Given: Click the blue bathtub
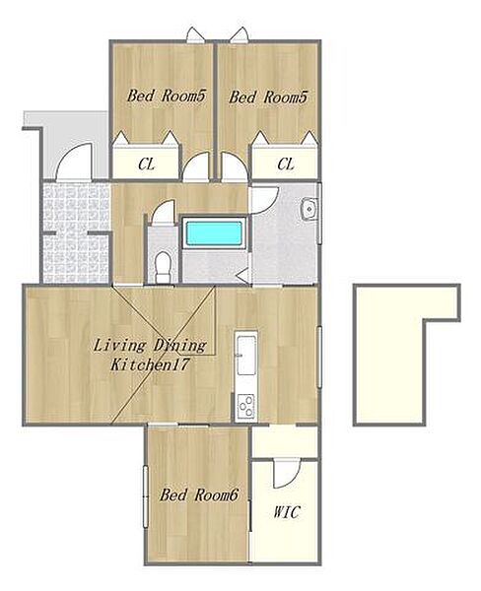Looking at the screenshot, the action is pyautogui.click(x=214, y=232).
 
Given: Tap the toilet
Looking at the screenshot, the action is pyautogui.click(x=164, y=267).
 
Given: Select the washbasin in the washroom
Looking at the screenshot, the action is pyautogui.click(x=309, y=209).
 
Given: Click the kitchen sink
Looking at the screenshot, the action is pyautogui.click(x=246, y=355).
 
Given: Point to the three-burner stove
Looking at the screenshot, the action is pyautogui.click(x=245, y=406).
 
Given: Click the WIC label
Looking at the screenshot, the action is pyautogui.click(x=287, y=512).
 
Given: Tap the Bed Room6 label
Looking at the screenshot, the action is pyautogui.click(x=199, y=494).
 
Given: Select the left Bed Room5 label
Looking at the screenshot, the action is pyautogui.click(x=166, y=96).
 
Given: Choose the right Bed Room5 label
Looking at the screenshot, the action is pyautogui.click(x=268, y=97).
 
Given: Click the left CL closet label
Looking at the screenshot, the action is pyautogui.click(x=146, y=164).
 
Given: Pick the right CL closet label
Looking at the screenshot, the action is pyautogui.click(x=286, y=164).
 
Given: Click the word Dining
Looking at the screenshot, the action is pyautogui.click(x=180, y=346).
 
